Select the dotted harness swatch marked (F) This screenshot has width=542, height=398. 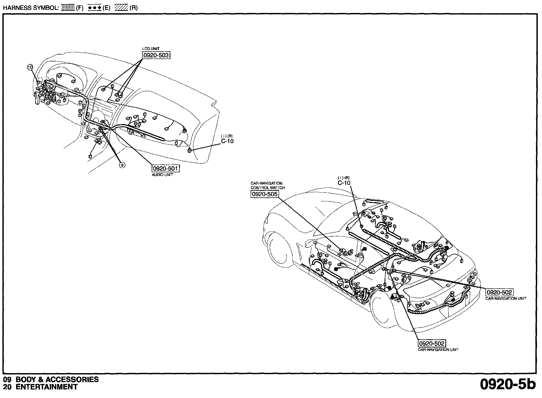pyautogui.click(x=68, y=8)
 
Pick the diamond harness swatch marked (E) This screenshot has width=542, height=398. pyautogui.click(x=94, y=8)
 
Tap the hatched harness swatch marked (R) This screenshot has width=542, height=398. pyautogui.click(x=121, y=8)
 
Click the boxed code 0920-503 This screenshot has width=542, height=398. pyautogui.click(x=156, y=55)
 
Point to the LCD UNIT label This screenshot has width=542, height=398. pyautogui.click(x=151, y=49)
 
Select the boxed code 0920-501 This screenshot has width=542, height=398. pyautogui.click(x=165, y=169)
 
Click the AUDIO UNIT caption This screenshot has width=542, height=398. pyautogui.click(x=162, y=175)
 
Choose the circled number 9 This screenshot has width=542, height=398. pyautogui.click(x=122, y=165)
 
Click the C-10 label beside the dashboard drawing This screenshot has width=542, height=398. pyautogui.click(x=227, y=141)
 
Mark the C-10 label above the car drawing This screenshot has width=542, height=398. pyautogui.click(x=344, y=183)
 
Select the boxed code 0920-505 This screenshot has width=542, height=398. pyautogui.click(x=264, y=194)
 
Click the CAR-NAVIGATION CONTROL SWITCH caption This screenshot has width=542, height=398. pyautogui.click(x=267, y=185)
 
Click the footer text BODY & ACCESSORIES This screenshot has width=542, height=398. pyautogui.click(x=57, y=379)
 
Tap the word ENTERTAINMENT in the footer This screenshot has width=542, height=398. pyautogui.click(x=46, y=387)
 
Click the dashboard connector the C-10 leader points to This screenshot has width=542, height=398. pyautogui.click(x=190, y=151)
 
